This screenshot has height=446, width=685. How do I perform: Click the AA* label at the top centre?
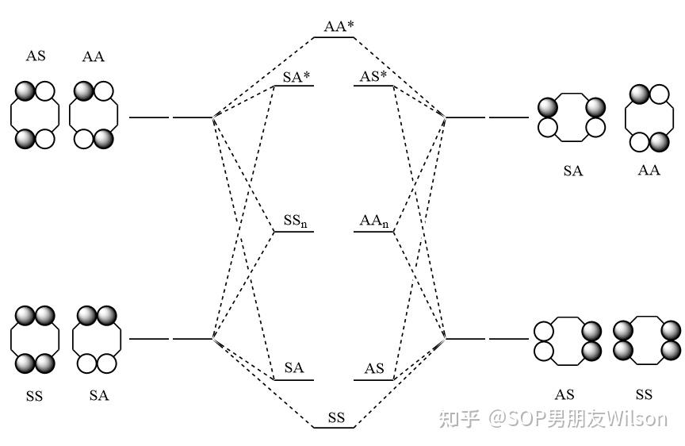click(x=339, y=26)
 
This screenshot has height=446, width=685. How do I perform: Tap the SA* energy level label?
click(x=296, y=77)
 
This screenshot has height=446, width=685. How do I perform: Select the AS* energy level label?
click(x=373, y=77)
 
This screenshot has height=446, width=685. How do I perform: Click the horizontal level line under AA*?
click(x=335, y=37)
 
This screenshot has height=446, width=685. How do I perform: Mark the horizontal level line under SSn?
click(x=294, y=232)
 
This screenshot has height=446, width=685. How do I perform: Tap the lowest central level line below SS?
click(x=334, y=428)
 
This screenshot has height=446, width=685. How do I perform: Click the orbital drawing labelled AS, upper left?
click(x=35, y=115)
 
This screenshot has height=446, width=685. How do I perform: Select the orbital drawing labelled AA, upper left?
click(x=94, y=115)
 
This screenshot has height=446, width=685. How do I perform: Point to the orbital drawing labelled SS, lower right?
click(x=645, y=340)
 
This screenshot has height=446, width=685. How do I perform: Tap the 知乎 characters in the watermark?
click(x=459, y=418)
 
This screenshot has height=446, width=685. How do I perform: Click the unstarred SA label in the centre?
click(x=294, y=368)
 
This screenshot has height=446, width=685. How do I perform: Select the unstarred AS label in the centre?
click(x=374, y=369)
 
